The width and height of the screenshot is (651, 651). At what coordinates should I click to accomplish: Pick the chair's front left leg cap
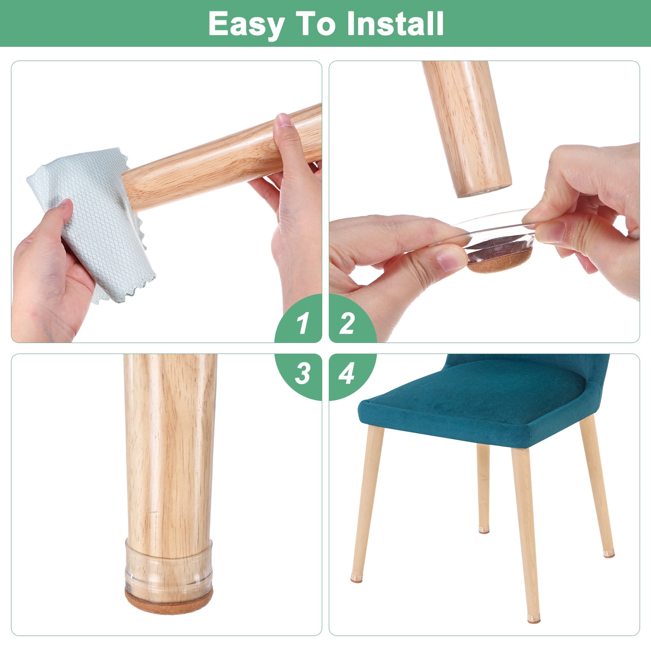pyautogui.click(x=356, y=578)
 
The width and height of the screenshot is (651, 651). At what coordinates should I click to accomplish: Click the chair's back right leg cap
pyautogui.click(x=609, y=553)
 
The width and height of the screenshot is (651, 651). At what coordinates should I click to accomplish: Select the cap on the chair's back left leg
pyautogui.click(x=484, y=530)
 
